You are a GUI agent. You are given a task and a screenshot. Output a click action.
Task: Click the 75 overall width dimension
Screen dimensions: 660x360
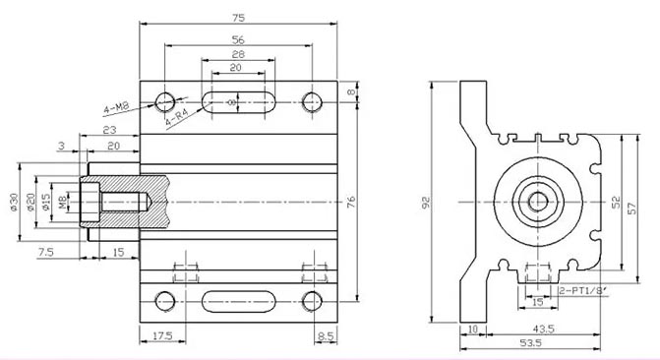click(238, 18)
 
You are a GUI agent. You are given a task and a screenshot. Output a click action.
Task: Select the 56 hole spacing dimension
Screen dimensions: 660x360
click(238, 40)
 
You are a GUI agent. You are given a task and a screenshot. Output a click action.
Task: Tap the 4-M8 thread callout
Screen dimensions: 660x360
click(116, 108)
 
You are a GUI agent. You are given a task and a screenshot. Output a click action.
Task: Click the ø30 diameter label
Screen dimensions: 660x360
click(14, 202)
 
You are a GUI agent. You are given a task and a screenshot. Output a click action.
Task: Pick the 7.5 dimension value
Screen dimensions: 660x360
click(46, 252)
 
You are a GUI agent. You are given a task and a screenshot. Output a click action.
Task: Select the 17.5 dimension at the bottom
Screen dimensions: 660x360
click(162, 335)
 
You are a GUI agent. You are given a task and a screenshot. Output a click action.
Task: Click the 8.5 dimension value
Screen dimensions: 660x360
click(326, 335)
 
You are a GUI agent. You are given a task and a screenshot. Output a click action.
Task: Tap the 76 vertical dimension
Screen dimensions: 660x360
click(351, 202)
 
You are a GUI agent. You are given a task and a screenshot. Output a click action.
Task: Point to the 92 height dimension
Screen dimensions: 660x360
click(426, 203)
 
